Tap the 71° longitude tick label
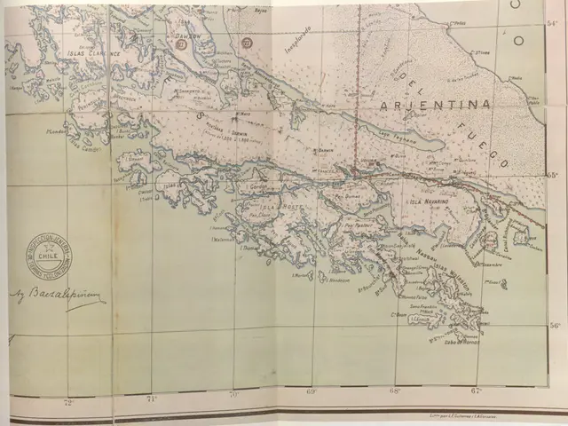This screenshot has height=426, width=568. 151,398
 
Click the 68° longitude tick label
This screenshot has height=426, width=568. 395,390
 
